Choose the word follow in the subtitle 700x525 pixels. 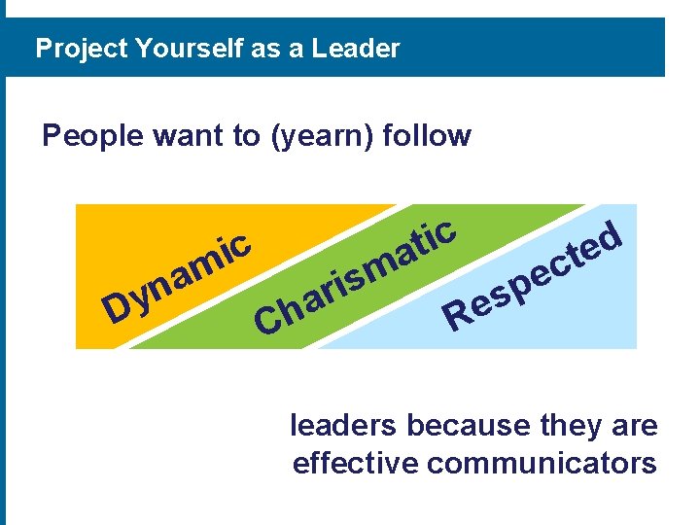pos(427,135)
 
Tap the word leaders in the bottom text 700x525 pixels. pos(344,426)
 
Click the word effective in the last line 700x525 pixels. pos(355,463)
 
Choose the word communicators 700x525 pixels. pos(542,463)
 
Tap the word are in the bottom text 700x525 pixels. pos(635,426)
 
